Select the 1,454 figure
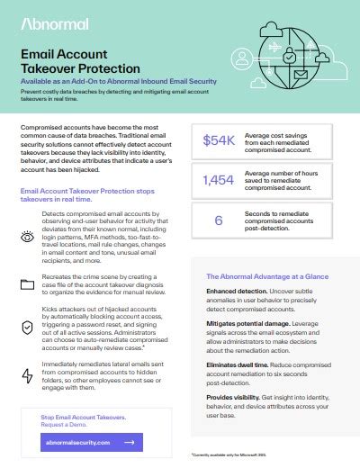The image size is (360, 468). (219, 180)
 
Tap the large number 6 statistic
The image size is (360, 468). (219, 219)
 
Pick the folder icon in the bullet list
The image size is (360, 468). (27, 285)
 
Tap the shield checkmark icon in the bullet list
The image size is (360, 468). (27, 324)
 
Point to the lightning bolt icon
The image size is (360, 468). (27, 364)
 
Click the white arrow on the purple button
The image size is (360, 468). (130, 443)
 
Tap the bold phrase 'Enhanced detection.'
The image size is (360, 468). (236, 292)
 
